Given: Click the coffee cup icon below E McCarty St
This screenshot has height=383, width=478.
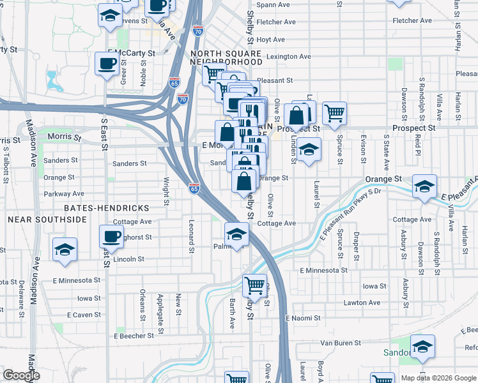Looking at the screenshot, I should coord(107,63).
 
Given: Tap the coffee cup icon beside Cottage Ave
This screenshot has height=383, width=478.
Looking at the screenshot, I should coord(111,237).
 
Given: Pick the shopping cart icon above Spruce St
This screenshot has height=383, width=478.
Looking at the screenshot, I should coord(334,113).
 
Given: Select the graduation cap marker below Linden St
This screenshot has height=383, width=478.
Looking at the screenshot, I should coord(309,149).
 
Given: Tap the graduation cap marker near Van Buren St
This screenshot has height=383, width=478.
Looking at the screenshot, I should coord(422,347).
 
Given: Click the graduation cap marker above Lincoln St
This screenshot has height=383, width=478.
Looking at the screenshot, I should coord(65,250).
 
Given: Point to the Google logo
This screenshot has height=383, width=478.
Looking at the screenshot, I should coord(21,375).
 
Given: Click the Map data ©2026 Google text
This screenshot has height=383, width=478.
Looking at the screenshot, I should coord(438,378).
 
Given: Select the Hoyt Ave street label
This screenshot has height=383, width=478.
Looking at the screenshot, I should coord(270,40).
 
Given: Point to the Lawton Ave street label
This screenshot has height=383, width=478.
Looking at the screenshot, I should coord(362,303).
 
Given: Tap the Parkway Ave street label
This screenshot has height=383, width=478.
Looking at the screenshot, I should coord(64,193).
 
